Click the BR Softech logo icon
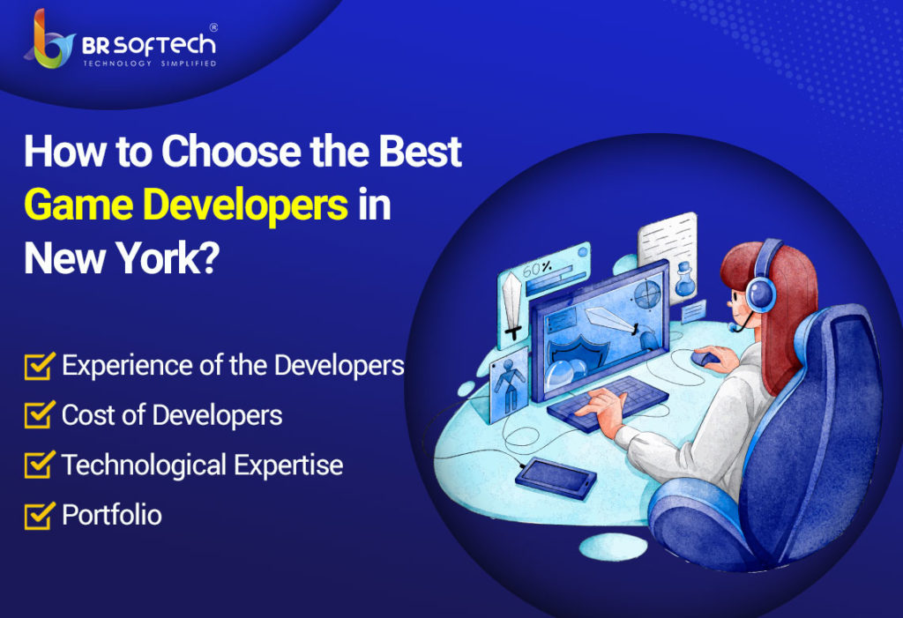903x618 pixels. pyautogui.click(x=49, y=40)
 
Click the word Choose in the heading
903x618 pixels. pyautogui.click(x=231, y=151)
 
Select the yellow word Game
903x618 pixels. pyautogui.click(x=78, y=205)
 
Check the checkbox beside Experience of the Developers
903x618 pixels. pyautogui.click(x=39, y=366)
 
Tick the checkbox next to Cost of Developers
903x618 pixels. pyautogui.click(x=39, y=414)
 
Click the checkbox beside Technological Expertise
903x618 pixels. pyautogui.click(x=39, y=465)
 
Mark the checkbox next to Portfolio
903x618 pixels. pyautogui.click(x=39, y=515)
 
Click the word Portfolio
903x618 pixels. pyautogui.click(x=112, y=515)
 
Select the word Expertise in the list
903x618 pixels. pyautogui.click(x=288, y=465)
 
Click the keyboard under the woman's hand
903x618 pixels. pyautogui.click(x=608, y=403)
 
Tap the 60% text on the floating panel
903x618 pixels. pyautogui.click(x=537, y=268)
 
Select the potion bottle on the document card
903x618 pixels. pyautogui.click(x=684, y=279)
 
